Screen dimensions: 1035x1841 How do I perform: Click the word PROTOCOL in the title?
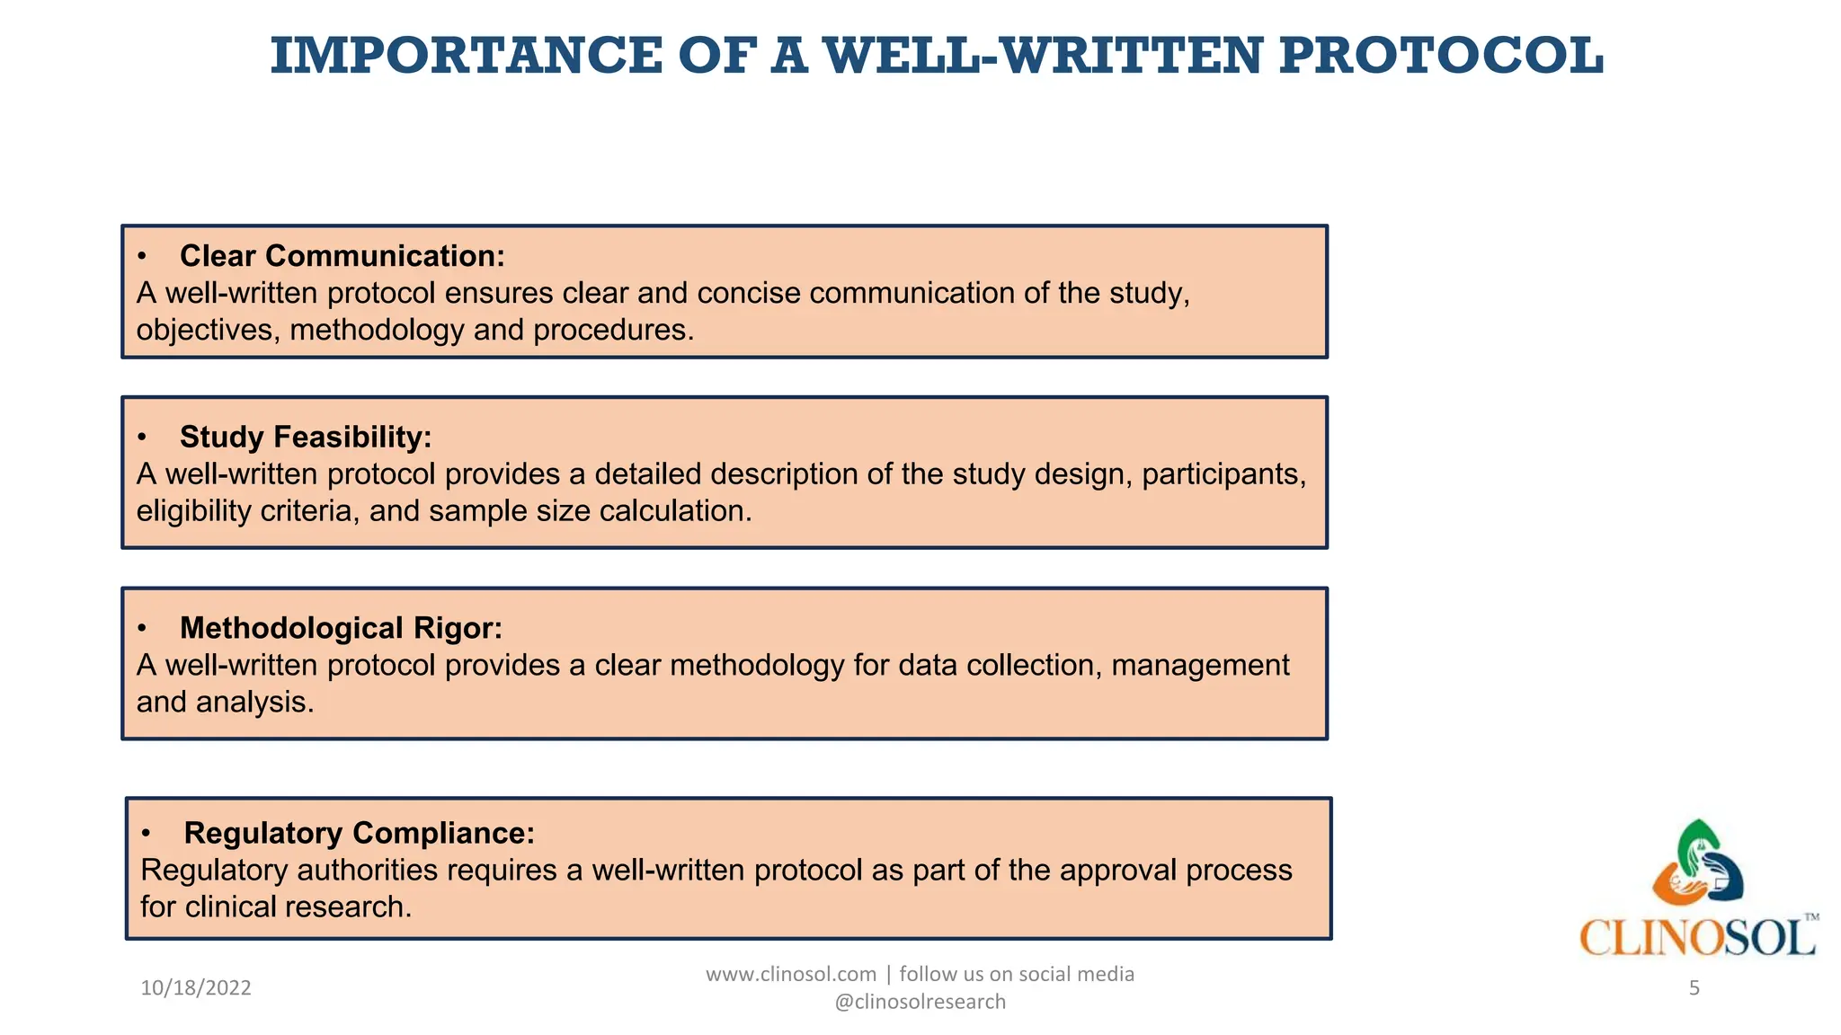point(1441,56)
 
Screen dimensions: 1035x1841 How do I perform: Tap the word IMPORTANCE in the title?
point(467,56)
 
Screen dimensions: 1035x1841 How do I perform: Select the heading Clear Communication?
point(342,256)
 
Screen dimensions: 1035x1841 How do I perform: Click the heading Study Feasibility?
point(306,438)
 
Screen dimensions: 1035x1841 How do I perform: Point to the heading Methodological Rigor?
point(341,628)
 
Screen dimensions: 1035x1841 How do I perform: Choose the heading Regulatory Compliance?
point(359,833)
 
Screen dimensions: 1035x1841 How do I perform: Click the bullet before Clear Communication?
point(142,257)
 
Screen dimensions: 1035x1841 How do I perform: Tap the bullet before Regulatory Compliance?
point(147,834)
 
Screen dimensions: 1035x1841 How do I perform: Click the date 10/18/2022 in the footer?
point(196,988)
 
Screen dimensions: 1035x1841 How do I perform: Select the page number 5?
point(1694,988)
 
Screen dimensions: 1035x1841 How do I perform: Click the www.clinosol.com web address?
point(790,974)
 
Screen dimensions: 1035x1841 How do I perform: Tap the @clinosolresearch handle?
point(920,1002)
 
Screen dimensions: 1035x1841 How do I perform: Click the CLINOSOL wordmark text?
point(1697,938)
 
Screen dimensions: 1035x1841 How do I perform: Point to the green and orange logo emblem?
point(1697,862)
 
